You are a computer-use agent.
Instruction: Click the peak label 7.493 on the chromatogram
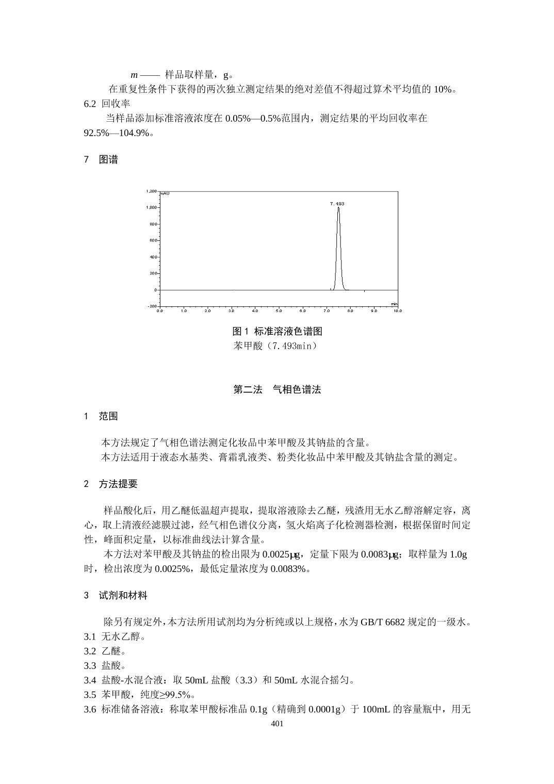[x=337, y=204]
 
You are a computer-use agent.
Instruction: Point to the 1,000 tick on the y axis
[x=152, y=207]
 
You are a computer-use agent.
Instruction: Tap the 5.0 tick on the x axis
[x=279, y=311]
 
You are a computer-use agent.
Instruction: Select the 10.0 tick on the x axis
[x=397, y=311]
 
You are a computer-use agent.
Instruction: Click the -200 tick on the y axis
[x=153, y=306]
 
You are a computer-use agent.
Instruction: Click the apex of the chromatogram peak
[x=338, y=208]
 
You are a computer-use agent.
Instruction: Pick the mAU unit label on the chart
[x=165, y=193]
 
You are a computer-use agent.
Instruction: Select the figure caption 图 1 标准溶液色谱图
[x=277, y=331]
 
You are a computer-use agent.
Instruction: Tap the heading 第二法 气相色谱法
[x=277, y=390]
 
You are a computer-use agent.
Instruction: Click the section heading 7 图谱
[x=101, y=160]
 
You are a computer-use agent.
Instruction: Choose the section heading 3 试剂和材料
[x=116, y=596]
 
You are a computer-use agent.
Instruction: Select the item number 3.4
[x=90, y=680]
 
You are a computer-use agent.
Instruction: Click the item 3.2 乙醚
[x=105, y=651]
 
